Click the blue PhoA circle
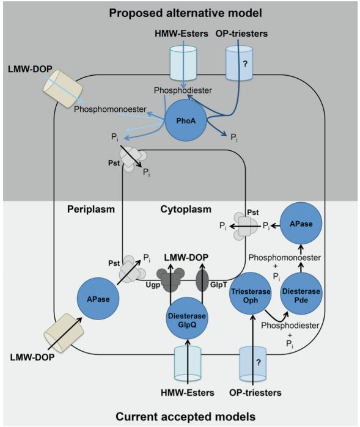186,120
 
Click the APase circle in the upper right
301,224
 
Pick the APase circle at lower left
98,299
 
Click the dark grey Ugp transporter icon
171,280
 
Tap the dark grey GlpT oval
202,280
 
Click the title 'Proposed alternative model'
185,13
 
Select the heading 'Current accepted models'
185,417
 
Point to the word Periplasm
91,209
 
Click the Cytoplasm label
186,209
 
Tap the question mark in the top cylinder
245,64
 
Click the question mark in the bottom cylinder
259,362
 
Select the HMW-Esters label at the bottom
188,393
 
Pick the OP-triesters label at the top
241,34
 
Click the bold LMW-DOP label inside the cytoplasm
186,257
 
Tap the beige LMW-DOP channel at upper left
63,89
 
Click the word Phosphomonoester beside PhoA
110,109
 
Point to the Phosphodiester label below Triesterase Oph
290,326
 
